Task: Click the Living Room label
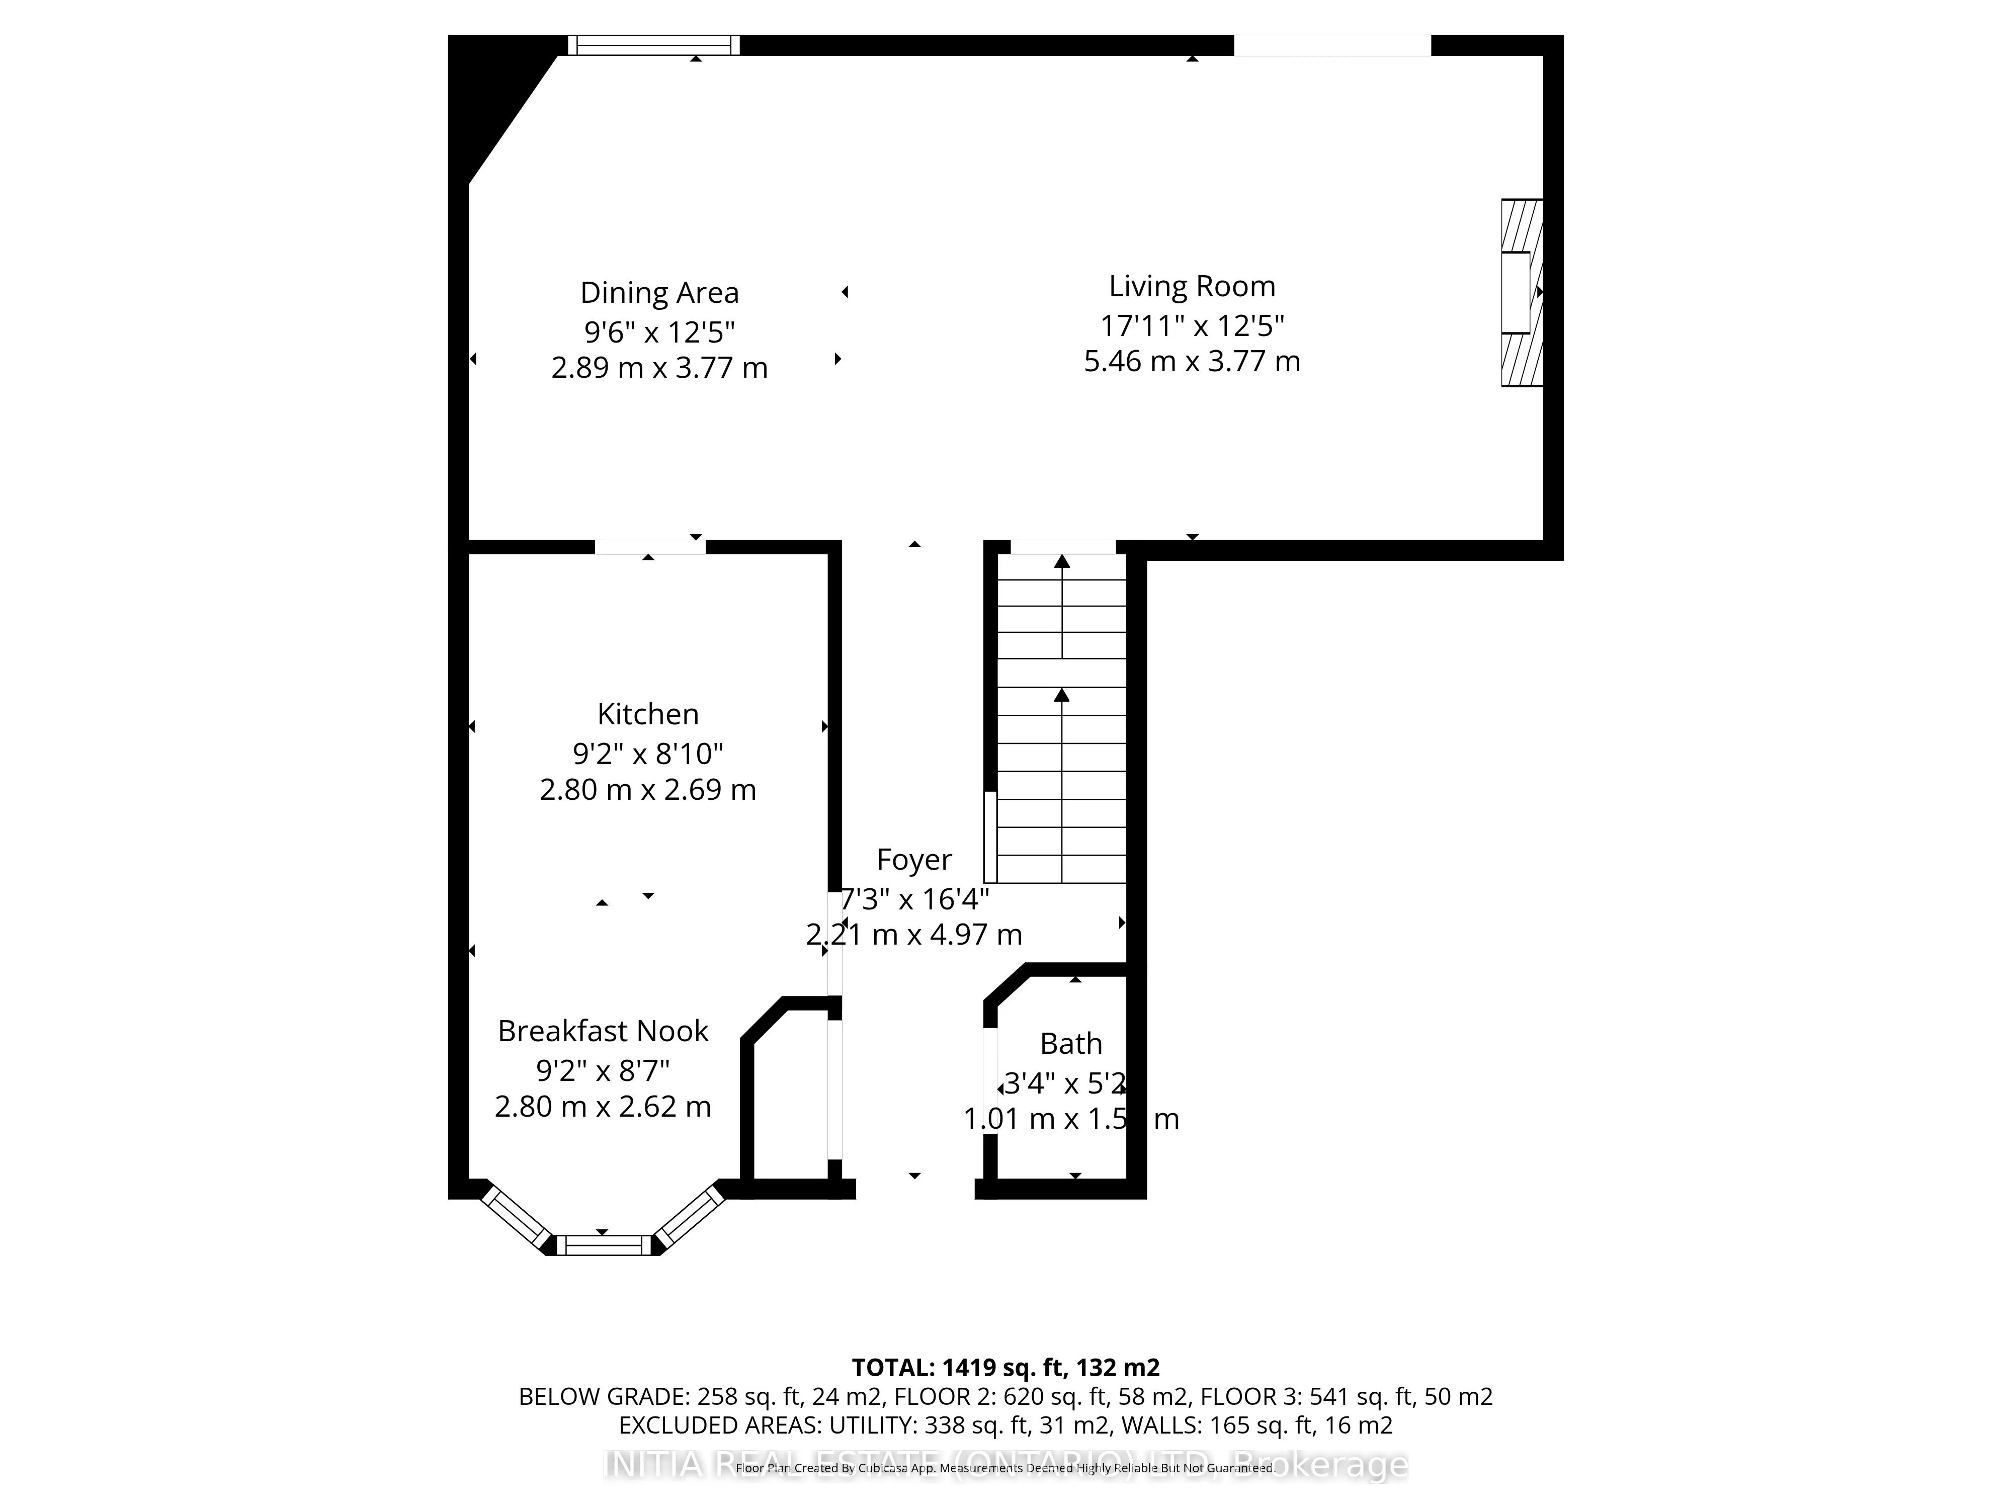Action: pos(1192,287)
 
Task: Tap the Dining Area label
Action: pos(659,293)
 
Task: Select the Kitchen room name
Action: pos(648,714)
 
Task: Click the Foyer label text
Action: pos(913,860)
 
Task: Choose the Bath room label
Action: pos(1070,1043)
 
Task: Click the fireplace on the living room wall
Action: pos(1521,293)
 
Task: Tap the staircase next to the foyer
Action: pos(1061,719)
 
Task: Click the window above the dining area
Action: pos(653,45)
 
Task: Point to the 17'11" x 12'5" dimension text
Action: pos(1192,325)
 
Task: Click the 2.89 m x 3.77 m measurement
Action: pos(659,368)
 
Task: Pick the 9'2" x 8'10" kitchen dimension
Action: pos(648,753)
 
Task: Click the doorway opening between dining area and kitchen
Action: pos(649,547)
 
